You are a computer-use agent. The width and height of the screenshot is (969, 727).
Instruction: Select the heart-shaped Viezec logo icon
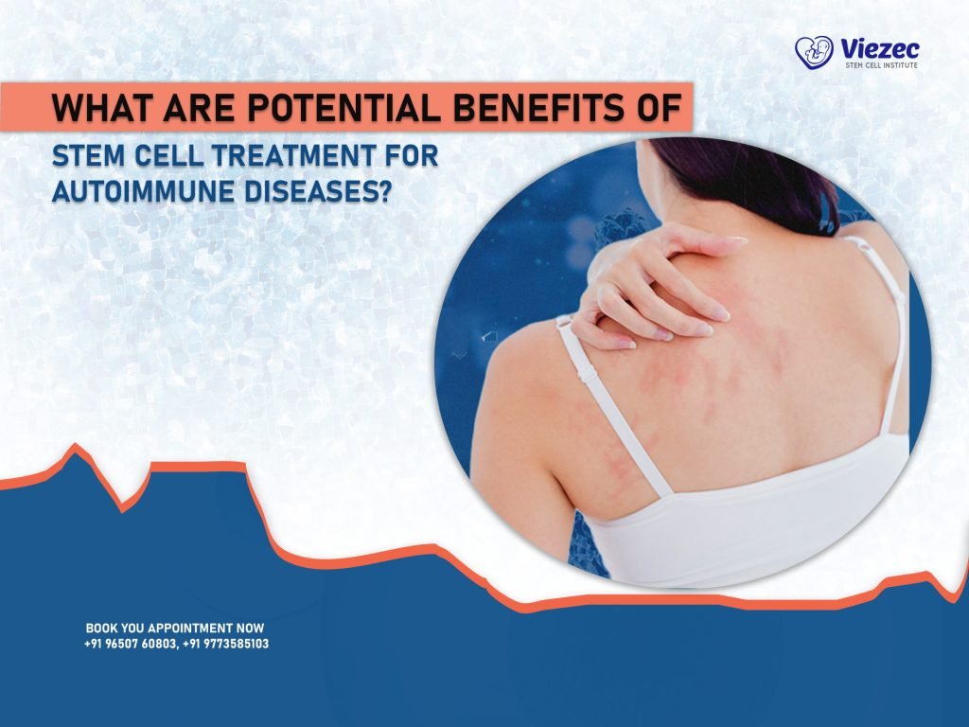point(813,53)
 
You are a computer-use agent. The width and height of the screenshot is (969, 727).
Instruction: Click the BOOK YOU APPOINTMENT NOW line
point(175,628)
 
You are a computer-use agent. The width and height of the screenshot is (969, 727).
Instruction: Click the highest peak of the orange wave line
point(76,446)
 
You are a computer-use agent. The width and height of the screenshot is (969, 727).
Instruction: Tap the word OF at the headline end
point(658,109)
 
